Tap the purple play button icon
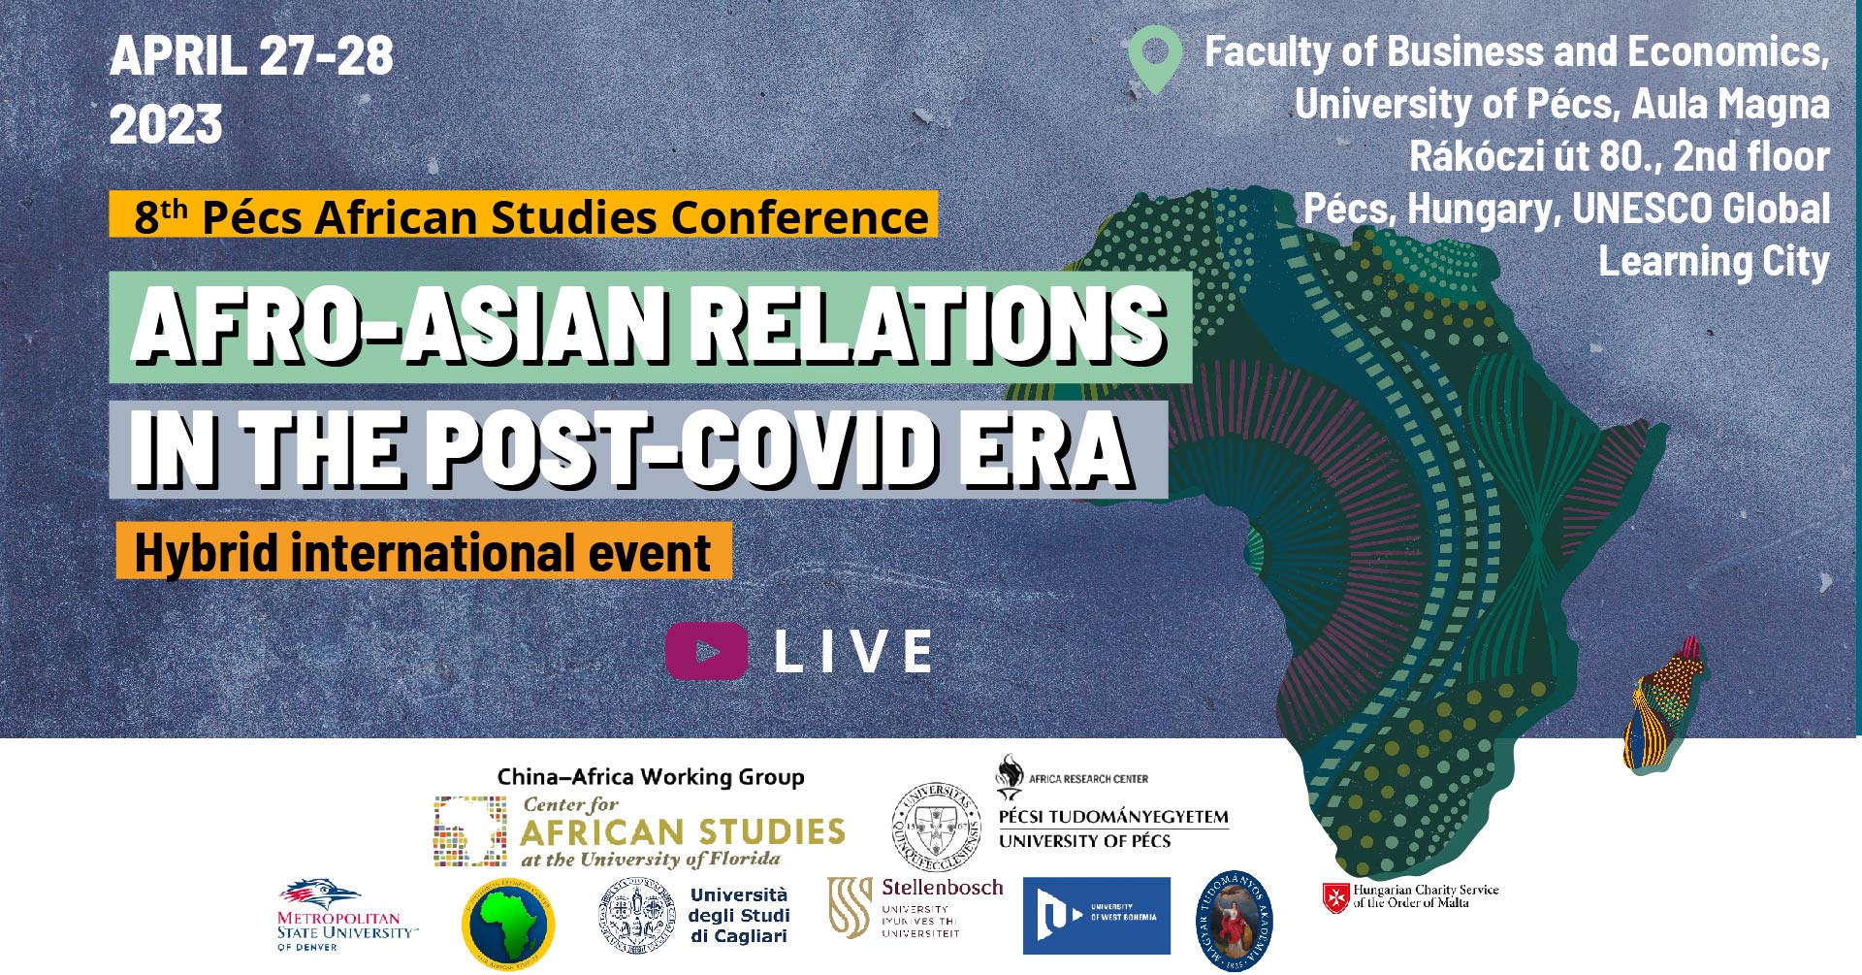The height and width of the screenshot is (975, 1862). (x=706, y=651)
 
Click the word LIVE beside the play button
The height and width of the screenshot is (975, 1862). (x=854, y=651)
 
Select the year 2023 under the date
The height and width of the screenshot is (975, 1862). (x=166, y=124)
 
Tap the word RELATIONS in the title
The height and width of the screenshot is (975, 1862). (x=931, y=326)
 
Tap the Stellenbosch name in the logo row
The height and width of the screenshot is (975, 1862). (x=942, y=887)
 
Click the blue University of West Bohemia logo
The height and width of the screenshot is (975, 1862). (x=1096, y=916)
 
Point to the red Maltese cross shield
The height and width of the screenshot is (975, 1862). (x=1335, y=897)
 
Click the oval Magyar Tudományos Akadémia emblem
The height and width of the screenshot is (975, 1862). (x=1233, y=921)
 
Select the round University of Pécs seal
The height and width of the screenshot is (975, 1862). (x=936, y=828)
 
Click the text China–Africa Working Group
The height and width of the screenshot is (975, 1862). (x=651, y=777)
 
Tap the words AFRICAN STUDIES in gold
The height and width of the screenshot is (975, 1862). (x=683, y=832)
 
